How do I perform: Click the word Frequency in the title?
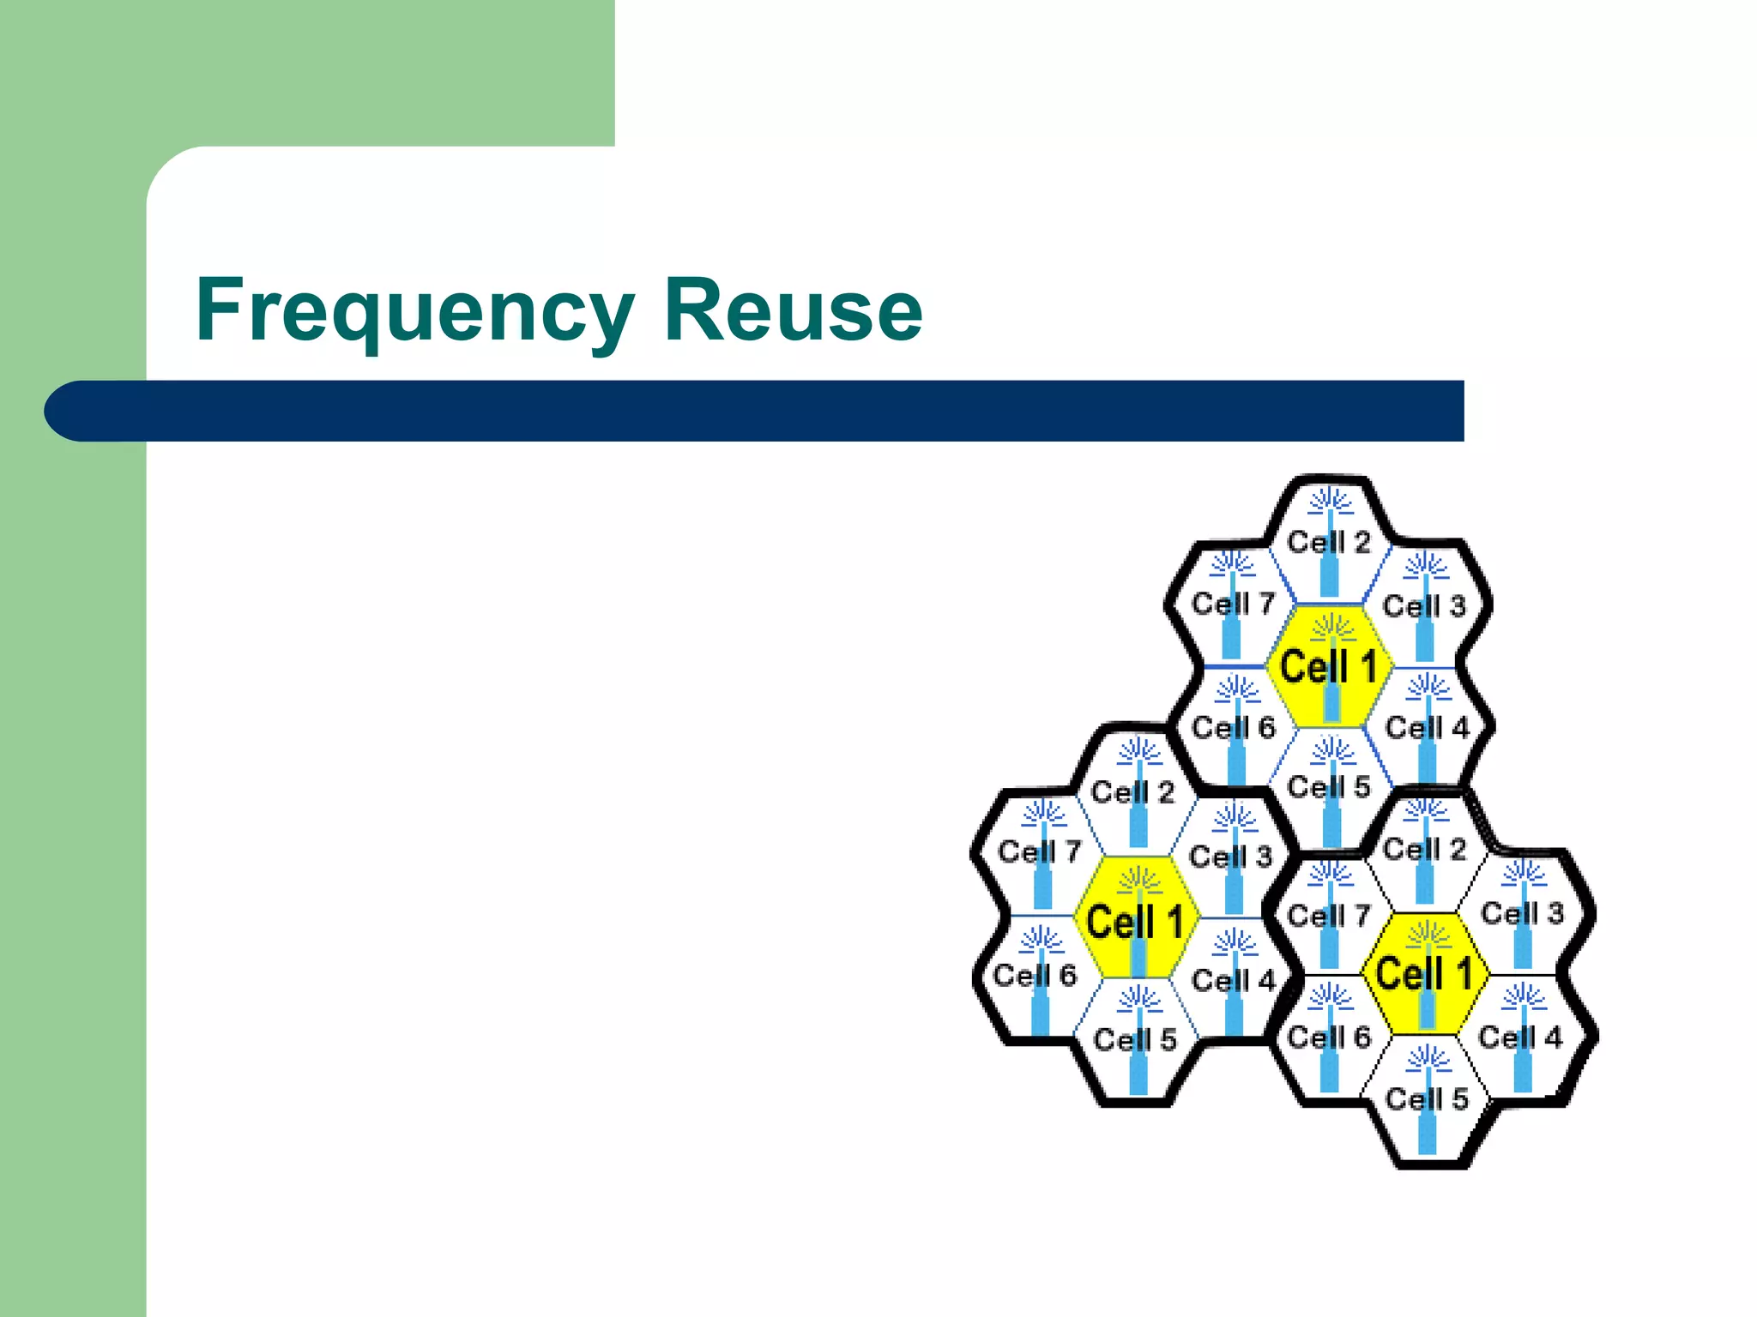coord(415,310)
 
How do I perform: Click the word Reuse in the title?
coord(793,310)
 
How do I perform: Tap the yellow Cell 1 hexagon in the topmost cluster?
coord(1328,667)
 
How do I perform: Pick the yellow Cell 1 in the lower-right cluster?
coord(1424,974)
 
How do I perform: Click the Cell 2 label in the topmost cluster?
coord(1329,542)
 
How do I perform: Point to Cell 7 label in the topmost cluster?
coord(1233,604)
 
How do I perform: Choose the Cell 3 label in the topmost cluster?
coord(1424,606)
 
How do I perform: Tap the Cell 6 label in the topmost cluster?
coord(1233,728)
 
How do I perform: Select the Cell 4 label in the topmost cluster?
coord(1427,728)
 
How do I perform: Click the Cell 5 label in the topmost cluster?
coord(1329,787)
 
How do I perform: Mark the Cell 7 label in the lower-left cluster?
coord(1040,852)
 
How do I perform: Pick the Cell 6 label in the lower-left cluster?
coord(1035,975)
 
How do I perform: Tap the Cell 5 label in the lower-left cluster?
coord(1135,1040)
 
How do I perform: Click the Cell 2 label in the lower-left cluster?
coord(1132,792)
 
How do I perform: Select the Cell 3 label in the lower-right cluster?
coord(1522,913)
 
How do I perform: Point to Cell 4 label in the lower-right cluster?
coord(1520,1037)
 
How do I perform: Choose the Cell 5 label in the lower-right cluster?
coord(1426,1099)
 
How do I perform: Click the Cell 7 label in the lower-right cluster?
coord(1329,916)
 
